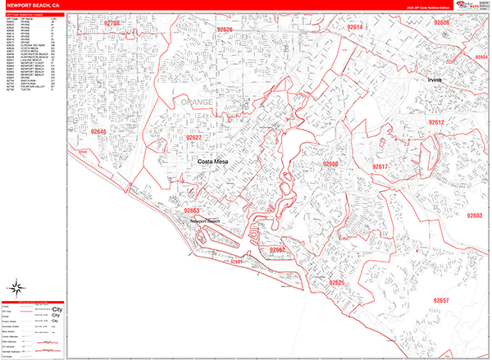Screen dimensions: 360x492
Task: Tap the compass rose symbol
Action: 16,287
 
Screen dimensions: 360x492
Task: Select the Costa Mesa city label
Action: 216,163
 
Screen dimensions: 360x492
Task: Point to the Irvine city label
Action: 435,80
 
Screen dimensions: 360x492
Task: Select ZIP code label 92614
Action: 355,27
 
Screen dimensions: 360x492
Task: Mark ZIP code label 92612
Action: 435,122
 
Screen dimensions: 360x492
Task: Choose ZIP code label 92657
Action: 440,301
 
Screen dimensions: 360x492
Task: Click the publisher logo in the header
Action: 463,5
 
